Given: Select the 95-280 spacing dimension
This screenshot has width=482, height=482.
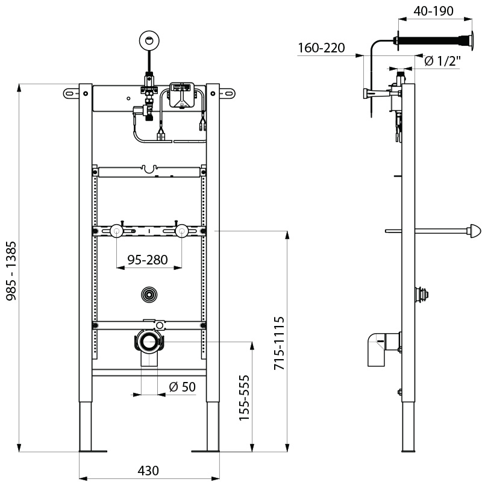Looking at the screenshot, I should coord(148,260).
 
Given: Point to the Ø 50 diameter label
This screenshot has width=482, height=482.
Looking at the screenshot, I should coord(183,387).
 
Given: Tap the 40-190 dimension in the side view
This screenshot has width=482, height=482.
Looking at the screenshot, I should coord(433,10).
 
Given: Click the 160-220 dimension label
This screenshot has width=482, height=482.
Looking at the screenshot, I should coord(322,48).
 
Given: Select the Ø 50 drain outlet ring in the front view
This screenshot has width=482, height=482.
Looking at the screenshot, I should coord(148,342).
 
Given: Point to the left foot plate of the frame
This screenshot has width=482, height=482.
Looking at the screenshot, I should coord(92,450).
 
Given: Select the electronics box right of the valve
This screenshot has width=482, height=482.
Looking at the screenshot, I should coord(182,95).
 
